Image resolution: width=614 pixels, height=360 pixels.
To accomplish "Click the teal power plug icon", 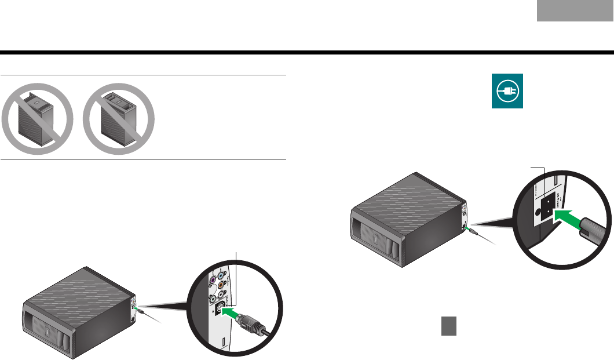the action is [x=507, y=91].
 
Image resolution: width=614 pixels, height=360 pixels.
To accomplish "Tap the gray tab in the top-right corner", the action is [x=575, y=27].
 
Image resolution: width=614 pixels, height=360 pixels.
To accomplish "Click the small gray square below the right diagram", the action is [x=448, y=326].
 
